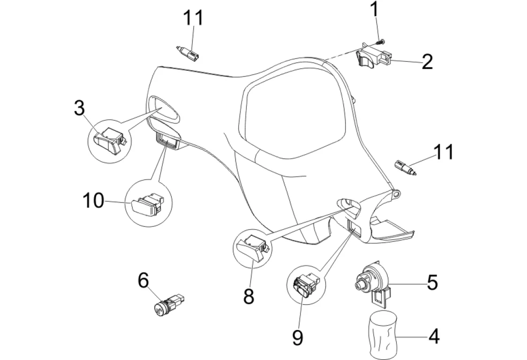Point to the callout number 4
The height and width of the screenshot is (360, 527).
click(x=434, y=336)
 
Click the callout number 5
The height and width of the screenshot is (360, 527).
click(x=431, y=282)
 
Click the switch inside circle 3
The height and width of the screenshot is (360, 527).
click(x=109, y=139)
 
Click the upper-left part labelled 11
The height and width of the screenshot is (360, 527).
click(x=188, y=52)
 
